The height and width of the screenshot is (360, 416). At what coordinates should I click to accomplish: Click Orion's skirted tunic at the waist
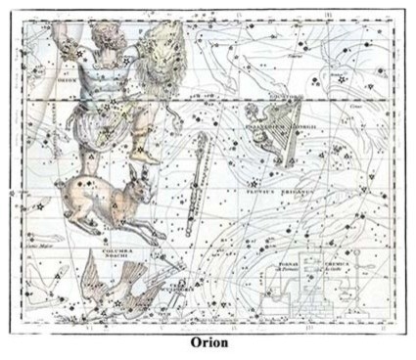(x=93, y=122)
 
